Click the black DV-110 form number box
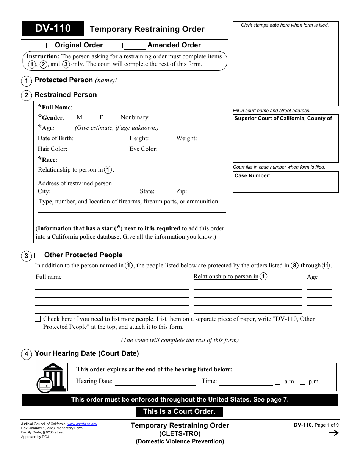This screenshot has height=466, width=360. pos(53,29)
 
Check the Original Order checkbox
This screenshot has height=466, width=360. pos(49,46)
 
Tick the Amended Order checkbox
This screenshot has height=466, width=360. pos(120,46)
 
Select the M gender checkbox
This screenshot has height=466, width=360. pos(69,118)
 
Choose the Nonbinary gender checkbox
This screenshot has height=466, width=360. pos(114,118)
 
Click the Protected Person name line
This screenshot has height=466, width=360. pos(174,83)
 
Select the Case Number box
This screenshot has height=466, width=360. pos(286,182)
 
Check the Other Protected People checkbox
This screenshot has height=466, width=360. pos(38,255)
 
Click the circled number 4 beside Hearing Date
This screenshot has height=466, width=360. pos(26,355)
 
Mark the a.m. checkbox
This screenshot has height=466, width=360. pos(278,382)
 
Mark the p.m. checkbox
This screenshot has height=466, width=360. pos(302,382)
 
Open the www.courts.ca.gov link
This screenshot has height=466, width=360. pos(82,424)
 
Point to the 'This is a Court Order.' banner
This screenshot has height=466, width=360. pos(179,411)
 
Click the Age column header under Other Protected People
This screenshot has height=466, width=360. pos(312,277)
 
